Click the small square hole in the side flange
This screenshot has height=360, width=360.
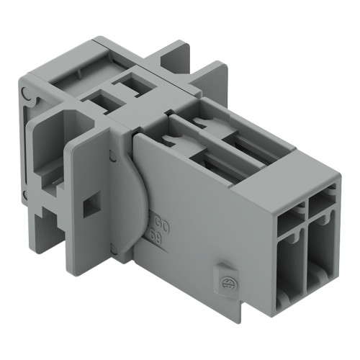(x=89, y=206)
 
